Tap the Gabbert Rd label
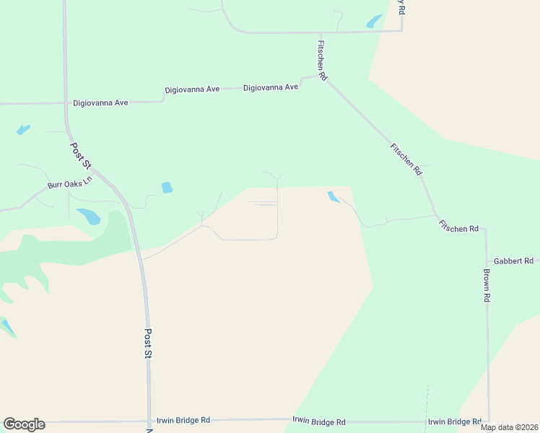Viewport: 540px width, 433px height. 513,261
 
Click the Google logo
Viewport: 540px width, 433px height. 24,424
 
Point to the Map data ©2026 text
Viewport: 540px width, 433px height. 509,427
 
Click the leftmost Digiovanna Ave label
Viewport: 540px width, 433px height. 100,103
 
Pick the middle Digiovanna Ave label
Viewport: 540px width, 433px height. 192,89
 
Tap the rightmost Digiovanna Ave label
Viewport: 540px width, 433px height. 271,87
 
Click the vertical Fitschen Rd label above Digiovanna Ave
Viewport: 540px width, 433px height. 323,60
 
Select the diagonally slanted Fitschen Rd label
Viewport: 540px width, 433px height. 405,159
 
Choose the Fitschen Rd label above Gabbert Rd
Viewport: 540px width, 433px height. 458,228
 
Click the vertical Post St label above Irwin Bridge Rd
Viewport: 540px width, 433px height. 147,344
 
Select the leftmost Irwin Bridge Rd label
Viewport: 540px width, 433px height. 183,420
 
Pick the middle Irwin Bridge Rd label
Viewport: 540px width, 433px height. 319,421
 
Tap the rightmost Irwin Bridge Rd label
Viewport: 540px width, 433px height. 455,422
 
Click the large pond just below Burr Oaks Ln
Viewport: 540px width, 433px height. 89,216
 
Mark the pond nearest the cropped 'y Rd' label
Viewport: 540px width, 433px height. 375,22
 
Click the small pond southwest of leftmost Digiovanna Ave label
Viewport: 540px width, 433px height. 23,130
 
